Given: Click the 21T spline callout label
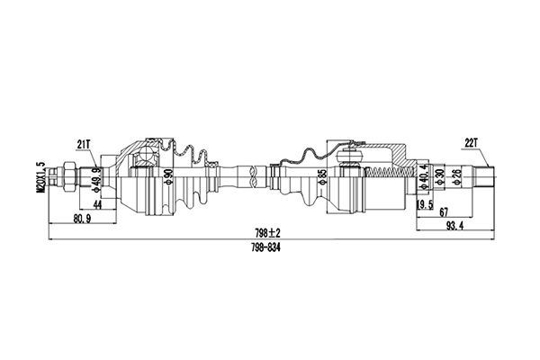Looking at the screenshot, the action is (x=84, y=144).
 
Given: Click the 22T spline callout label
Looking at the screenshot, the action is (x=471, y=143).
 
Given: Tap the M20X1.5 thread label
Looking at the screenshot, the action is (x=42, y=176).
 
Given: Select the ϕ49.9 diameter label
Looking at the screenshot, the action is (x=97, y=179).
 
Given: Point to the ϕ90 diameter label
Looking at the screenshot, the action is (x=169, y=176).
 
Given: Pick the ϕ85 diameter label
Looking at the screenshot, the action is (x=322, y=176).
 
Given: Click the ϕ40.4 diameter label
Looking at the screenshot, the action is (x=424, y=177).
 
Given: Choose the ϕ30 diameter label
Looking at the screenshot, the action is (x=438, y=176).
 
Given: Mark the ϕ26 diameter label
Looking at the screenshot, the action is (x=456, y=176).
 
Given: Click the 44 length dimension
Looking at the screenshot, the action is (x=98, y=205).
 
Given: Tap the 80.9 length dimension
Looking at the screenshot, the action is (x=82, y=219).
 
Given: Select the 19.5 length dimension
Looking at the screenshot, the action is (x=424, y=204).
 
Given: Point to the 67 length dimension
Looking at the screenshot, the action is (x=444, y=212).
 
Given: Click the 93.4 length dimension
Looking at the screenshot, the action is (x=455, y=226).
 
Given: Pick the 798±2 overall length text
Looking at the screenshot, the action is (x=267, y=233).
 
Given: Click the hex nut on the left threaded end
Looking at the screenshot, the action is (x=67, y=176).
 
